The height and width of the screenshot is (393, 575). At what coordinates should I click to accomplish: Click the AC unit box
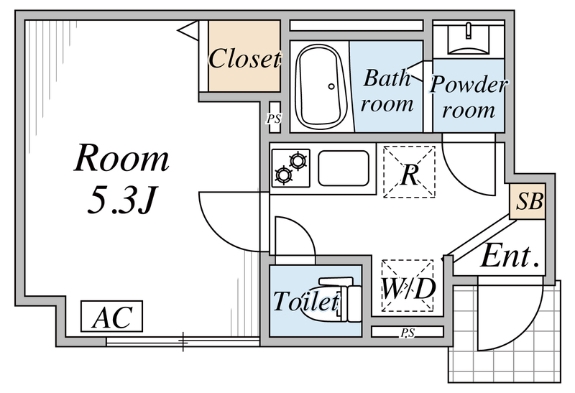pyautogui.click(x=111, y=316)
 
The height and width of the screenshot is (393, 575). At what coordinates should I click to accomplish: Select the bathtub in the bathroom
pyautogui.click(x=321, y=86)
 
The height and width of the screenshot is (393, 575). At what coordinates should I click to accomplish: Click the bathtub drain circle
pyautogui.click(x=331, y=86)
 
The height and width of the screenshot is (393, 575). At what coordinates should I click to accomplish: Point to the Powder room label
pyautogui.click(x=469, y=97)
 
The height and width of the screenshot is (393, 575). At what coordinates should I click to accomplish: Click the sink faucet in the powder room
pyautogui.click(x=469, y=30)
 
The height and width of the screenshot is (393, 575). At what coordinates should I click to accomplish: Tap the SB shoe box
pyautogui.click(x=528, y=201)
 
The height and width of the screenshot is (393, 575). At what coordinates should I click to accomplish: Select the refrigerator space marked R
pyautogui.click(x=409, y=172)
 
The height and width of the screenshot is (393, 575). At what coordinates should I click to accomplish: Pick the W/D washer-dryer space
pyautogui.click(x=408, y=285)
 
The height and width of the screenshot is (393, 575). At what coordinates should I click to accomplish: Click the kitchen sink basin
pyautogui.click(x=344, y=168)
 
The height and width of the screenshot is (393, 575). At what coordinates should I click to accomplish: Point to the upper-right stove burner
pyautogui.click(x=298, y=160)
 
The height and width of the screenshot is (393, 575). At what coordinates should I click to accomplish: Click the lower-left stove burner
pyautogui.click(x=283, y=175)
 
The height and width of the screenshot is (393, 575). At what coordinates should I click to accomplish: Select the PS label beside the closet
pyautogui.click(x=274, y=119)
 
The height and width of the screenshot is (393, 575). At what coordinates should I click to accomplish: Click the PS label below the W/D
pyautogui.click(x=407, y=333)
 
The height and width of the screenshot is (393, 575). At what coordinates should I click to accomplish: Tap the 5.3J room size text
pyautogui.click(x=123, y=200)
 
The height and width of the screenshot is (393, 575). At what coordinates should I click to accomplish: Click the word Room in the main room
pyautogui.click(x=121, y=158)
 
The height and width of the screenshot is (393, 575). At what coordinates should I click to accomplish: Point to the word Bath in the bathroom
pyautogui.click(x=387, y=78)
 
